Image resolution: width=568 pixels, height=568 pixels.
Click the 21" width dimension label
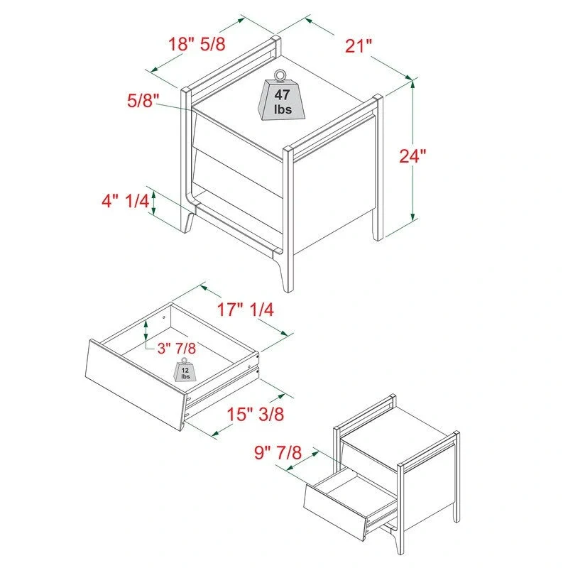[x=359, y=47]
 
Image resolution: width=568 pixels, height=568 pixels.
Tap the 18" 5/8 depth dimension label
[x=197, y=43]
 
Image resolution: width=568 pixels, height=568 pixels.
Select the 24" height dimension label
[x=413, y=156]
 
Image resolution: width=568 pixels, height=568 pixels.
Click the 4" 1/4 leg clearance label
[x=125, y=202]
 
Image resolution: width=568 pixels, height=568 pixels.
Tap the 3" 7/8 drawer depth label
[x=176, y=347]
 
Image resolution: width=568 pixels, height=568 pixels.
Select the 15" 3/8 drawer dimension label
[x=256, y=415]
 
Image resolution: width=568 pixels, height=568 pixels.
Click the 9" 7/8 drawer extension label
[x=278, y=452]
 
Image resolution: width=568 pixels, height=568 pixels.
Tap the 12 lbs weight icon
[x=185, y=371]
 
